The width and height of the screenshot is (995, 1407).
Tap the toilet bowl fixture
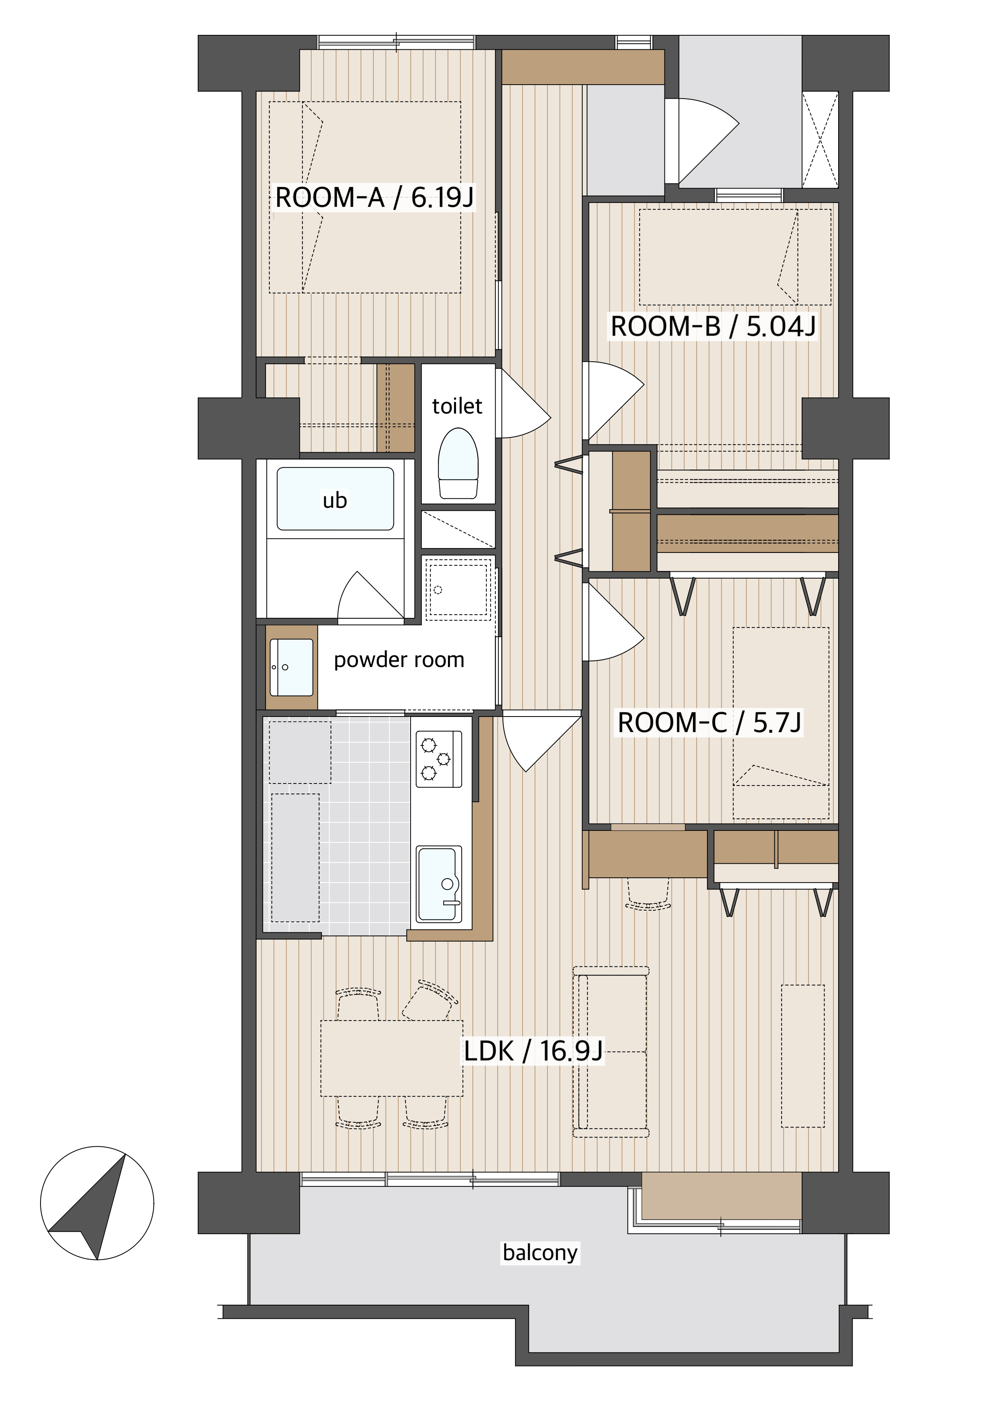coord(458,463)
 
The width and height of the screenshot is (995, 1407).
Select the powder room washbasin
coord(292,667)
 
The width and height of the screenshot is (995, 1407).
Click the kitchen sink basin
coord(439,884)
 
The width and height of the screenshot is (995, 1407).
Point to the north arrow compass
coord(97,1203)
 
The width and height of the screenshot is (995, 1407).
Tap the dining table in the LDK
coord(392,1058)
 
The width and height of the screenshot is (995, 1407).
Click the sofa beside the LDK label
coord(611,1052)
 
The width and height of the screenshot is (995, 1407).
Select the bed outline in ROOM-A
coord(365,197)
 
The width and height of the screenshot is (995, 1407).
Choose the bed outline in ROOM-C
coord(781,723)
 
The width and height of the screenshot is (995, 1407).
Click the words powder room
coord(399,660)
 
